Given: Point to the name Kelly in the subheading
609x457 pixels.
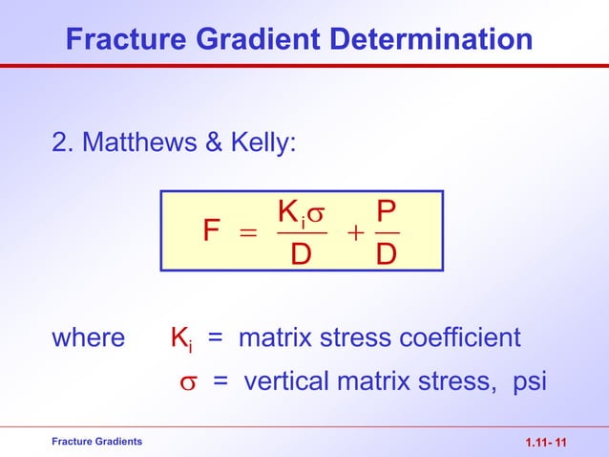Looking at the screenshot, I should [263, 143].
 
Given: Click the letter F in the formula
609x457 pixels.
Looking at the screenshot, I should [212, 232].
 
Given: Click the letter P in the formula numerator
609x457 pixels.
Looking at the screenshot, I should [387, 211].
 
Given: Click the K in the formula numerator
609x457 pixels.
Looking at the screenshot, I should [285, 211].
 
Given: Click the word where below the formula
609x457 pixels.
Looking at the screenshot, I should [87, 338].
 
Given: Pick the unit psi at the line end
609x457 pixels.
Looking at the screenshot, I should [530, 382].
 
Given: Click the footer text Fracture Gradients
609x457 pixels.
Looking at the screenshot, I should [96, 441].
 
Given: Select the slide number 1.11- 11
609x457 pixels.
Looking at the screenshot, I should [546, 443].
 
